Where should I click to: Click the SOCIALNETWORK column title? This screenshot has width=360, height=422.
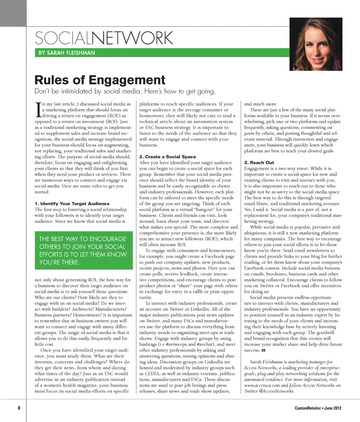(103, 38)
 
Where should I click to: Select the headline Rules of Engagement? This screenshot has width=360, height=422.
(100, 80)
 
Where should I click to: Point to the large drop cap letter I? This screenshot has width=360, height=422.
(38, 109)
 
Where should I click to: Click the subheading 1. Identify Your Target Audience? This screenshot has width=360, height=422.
(72, 203)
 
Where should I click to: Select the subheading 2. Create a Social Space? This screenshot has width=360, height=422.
(167, 157)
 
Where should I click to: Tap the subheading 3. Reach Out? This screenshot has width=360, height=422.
(259, 163)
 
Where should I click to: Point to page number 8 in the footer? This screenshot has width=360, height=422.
(19, 408)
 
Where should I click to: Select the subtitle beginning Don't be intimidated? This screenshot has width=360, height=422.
(125, 91)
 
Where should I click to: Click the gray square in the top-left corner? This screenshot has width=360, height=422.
(13, 13)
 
